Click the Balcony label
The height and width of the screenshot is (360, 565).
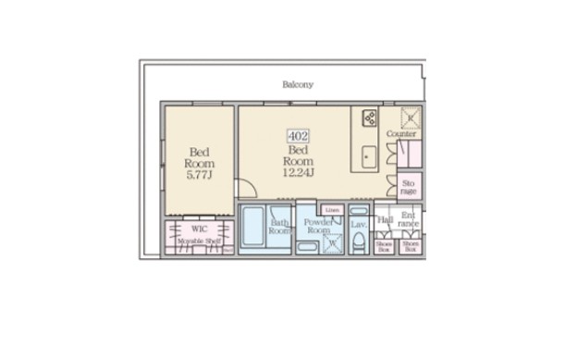coord(298,84)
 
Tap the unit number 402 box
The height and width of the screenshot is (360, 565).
coord(298,135)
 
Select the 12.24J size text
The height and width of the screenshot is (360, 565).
coord(298,171)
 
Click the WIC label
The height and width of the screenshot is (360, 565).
coord(199,228)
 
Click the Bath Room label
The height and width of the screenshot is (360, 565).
coord(280,228)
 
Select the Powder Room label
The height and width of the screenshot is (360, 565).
coord(319,228)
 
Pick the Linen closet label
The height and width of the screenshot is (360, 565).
coord(332,211)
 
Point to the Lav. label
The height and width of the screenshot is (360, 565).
coord(359,224)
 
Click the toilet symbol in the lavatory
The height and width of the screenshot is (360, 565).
coord(359,242)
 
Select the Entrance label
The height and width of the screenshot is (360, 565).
coord(409,222)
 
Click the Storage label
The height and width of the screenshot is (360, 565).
coord(409,187)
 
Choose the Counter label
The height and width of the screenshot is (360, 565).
coord(401,134)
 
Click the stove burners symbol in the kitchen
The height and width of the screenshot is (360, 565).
coord(369,118)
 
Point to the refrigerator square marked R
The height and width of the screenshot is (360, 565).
coord(409,118)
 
